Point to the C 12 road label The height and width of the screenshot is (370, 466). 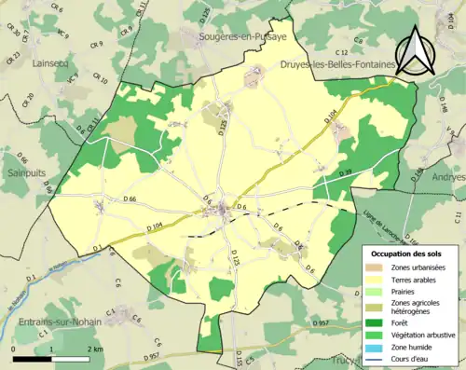[x=341, y=52]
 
